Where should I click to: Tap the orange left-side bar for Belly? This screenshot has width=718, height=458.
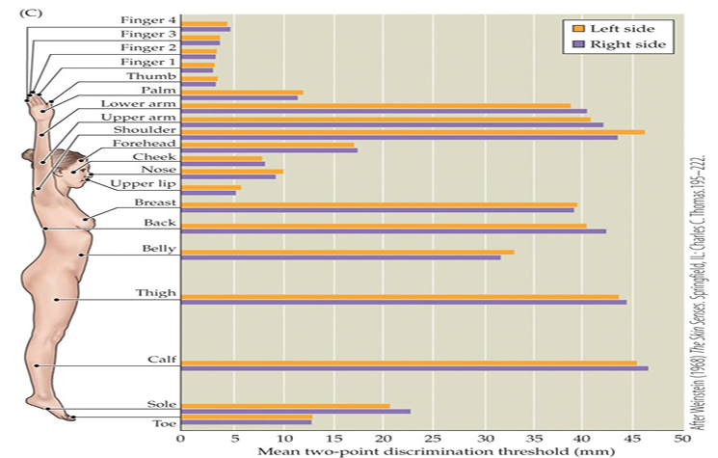tap(347, 252)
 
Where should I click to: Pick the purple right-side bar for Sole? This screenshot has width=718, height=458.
tap(295, 412)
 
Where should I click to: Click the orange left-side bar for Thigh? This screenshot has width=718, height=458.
tap(400, 296)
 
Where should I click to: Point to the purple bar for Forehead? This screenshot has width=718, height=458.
tap(269, 150)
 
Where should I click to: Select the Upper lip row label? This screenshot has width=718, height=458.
tap(143, 183)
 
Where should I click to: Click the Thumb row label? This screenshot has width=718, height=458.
tap(151, 75)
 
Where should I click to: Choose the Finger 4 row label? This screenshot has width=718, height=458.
tap(148, 20)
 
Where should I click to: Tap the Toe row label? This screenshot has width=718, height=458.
tap(163, 423)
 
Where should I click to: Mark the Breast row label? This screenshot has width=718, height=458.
tap(155, 202)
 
